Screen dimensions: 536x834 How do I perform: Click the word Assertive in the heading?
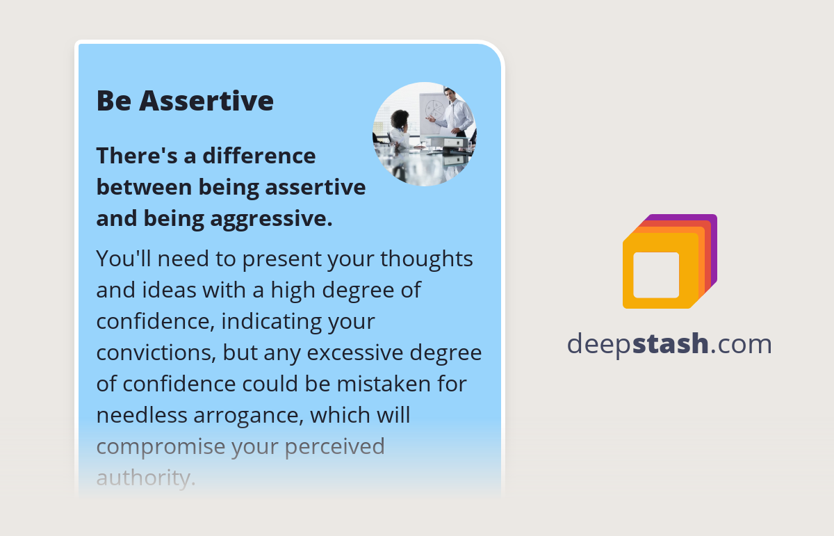click(206, 101)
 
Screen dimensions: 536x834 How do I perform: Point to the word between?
click(143, 187)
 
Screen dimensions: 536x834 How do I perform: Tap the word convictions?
click(156, 352)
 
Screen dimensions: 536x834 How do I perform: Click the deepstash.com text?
click(669, 343)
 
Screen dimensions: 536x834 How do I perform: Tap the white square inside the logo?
click(656, 275)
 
